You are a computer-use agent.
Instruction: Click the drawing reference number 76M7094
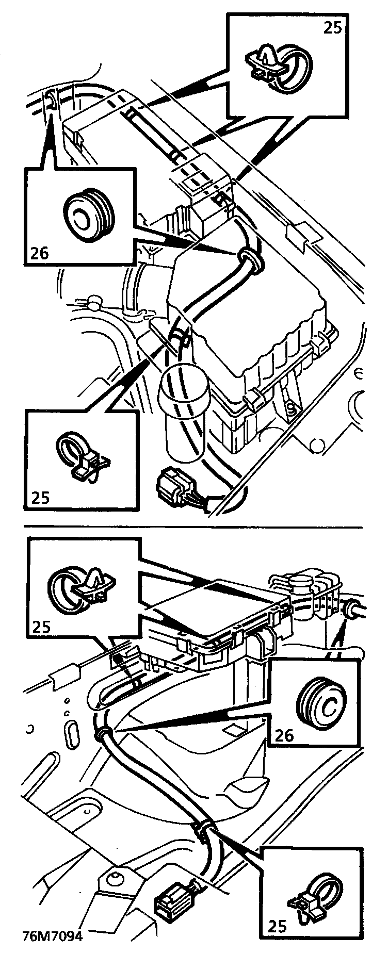(52, 936)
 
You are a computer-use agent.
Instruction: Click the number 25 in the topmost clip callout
(333, 27)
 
